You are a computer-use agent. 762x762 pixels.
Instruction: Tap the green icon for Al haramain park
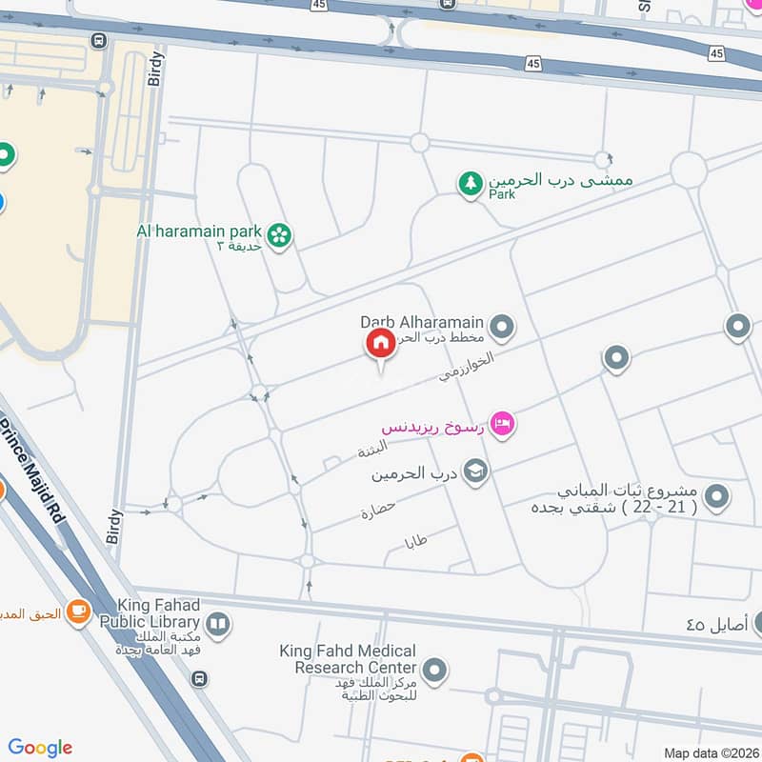click(x=279, y=235)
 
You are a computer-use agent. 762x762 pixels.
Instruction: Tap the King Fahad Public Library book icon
click(x=218, y=625)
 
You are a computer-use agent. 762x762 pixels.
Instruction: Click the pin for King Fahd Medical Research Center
click(x=435, y=672)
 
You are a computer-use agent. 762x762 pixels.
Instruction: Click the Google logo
click(x=40, y=748)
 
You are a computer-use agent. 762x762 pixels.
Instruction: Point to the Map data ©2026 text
click(x=712, y=752)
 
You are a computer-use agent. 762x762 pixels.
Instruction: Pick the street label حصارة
click(x=378, y=511)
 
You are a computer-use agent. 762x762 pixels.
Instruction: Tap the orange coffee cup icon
click(x=79, y=613)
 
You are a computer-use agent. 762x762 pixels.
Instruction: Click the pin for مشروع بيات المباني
click(x=717, y=496)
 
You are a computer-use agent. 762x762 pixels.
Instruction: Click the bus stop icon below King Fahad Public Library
click(x=198, y=678)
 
